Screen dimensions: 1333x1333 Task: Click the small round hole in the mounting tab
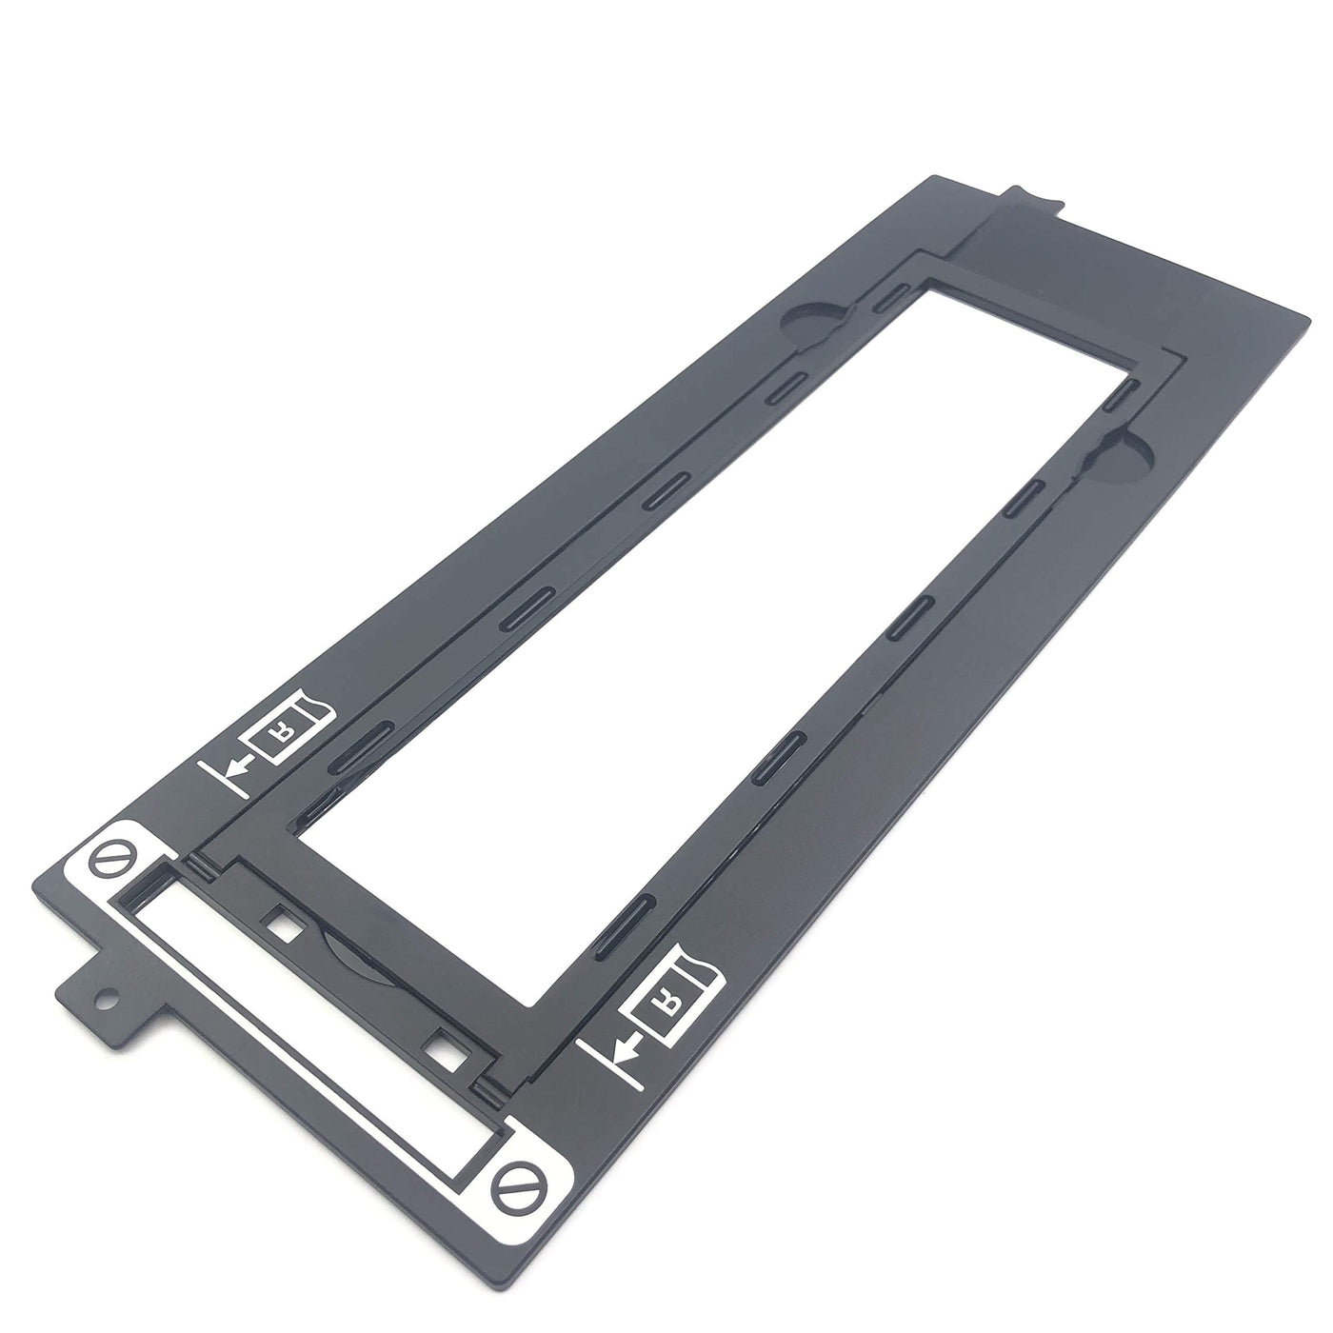[105, 999]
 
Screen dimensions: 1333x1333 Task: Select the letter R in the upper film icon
[279, 737]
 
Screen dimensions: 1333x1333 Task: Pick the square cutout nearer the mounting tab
[285, 924]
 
